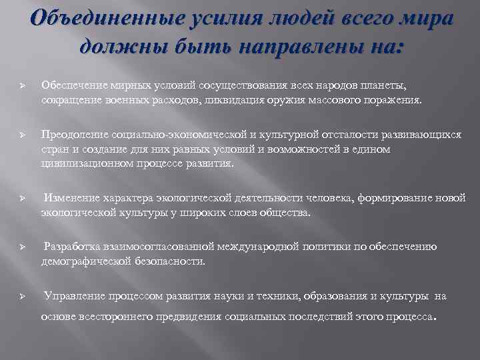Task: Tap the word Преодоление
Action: (x=73, y=134)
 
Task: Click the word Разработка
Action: (x=71, y=247)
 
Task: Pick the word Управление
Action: (x=72, y=295)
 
